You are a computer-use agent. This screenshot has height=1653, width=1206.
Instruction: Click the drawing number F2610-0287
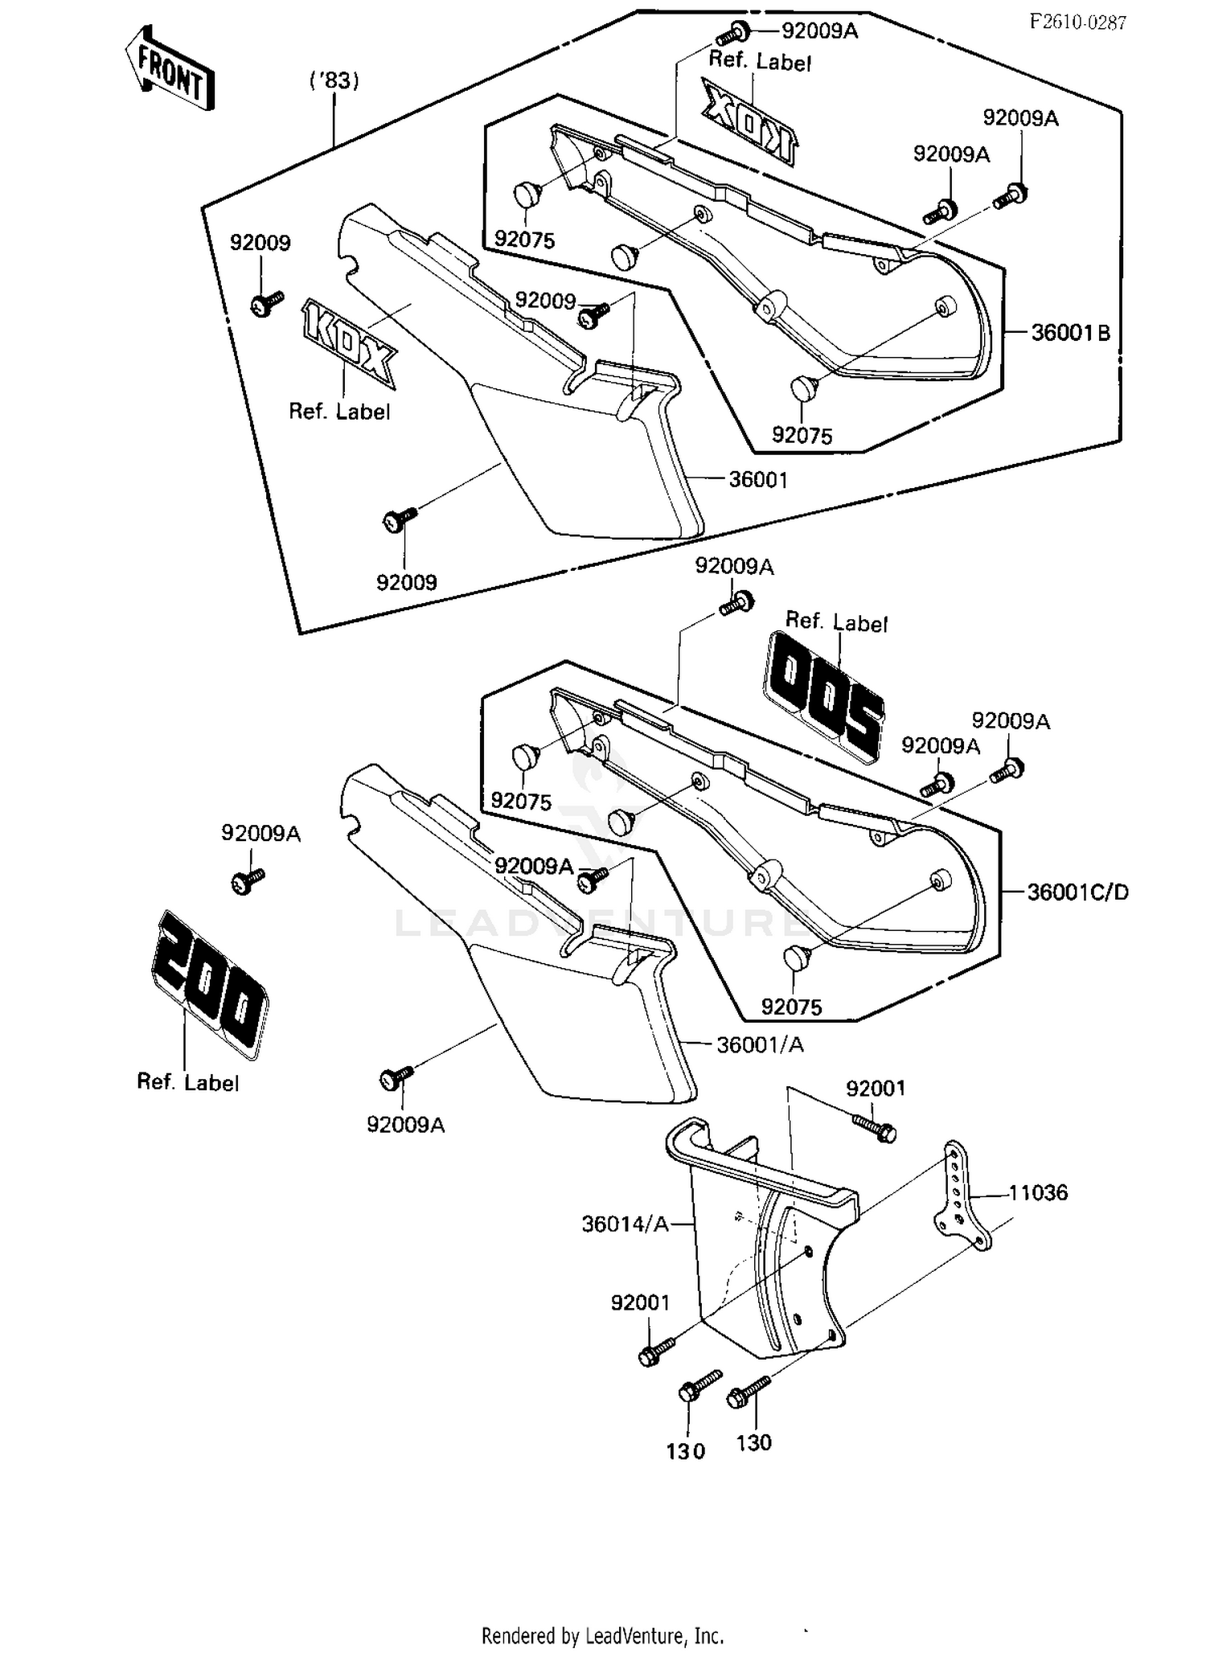pos(1077,22)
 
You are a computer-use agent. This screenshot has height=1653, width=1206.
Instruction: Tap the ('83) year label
pos(334,80)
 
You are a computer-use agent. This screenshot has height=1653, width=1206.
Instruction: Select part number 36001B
pos(1070,332)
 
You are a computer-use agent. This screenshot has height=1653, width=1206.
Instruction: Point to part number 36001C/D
pos(1078,892)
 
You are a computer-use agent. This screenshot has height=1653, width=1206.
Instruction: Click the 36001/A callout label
pos(760,1044)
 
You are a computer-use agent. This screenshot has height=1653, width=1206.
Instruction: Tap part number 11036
pos(1038,1192)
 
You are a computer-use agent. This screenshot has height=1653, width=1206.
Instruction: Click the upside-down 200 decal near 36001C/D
pos(823,696)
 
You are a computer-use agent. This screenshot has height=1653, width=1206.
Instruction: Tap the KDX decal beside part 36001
pos(347,342)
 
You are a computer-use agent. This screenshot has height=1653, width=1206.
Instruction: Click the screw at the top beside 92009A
pos(733,33)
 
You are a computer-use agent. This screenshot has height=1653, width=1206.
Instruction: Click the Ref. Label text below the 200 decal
pos(187,1082)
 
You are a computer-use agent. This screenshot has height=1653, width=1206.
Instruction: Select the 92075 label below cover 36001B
pos(802,435)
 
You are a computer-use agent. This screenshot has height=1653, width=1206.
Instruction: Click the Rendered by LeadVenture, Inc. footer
pos(602,1635)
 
